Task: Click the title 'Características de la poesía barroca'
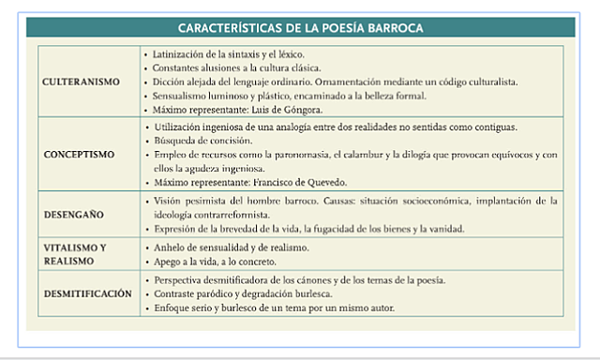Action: (x=300, y=28)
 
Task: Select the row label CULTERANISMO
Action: (x=82, y=82)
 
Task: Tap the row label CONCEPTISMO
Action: (x=81, y=153)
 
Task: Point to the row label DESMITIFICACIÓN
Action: (x=87, y=293)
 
